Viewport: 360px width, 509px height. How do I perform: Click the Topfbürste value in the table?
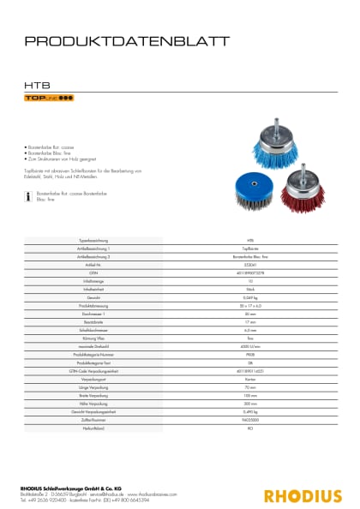(250, 248)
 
